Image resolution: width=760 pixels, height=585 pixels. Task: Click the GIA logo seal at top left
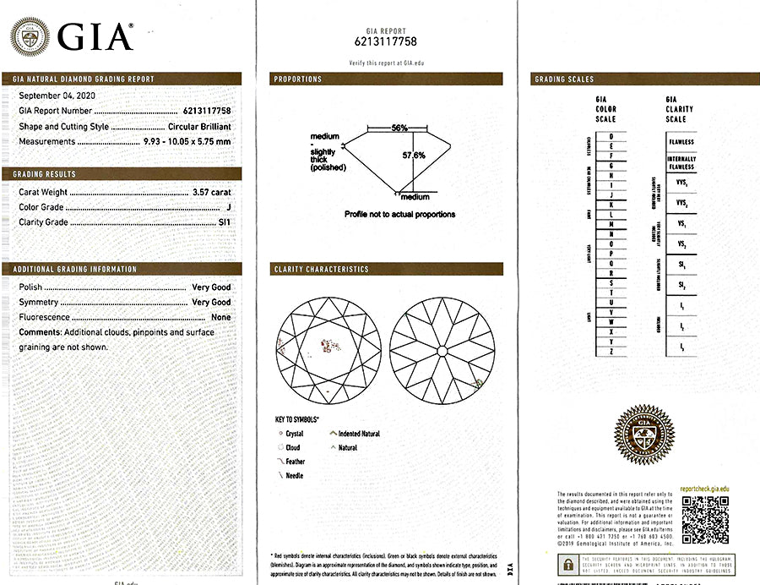[30, 36]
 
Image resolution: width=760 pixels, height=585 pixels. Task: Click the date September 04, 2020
[57, 96]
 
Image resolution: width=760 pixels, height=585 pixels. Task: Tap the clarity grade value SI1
[223, 223]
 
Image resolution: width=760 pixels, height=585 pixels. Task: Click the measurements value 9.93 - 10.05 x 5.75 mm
[184, 141]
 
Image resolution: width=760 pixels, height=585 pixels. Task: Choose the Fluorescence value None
[220, 317]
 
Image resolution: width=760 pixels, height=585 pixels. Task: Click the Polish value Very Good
[210, 287]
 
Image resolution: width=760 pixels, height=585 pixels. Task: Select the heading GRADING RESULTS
[45, 174]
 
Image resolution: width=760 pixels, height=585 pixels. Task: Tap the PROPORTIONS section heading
[297, 79]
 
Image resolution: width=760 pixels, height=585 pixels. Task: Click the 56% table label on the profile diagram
[399, 128]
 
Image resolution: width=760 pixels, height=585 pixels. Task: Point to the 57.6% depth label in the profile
[413, 156]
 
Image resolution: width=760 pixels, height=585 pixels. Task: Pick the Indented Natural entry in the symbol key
[358, 434]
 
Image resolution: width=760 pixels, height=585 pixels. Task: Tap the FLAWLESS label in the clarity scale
[681, 142]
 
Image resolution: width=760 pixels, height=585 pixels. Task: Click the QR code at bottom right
[704, 518]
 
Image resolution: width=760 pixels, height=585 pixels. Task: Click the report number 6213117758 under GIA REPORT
[386, 41]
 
